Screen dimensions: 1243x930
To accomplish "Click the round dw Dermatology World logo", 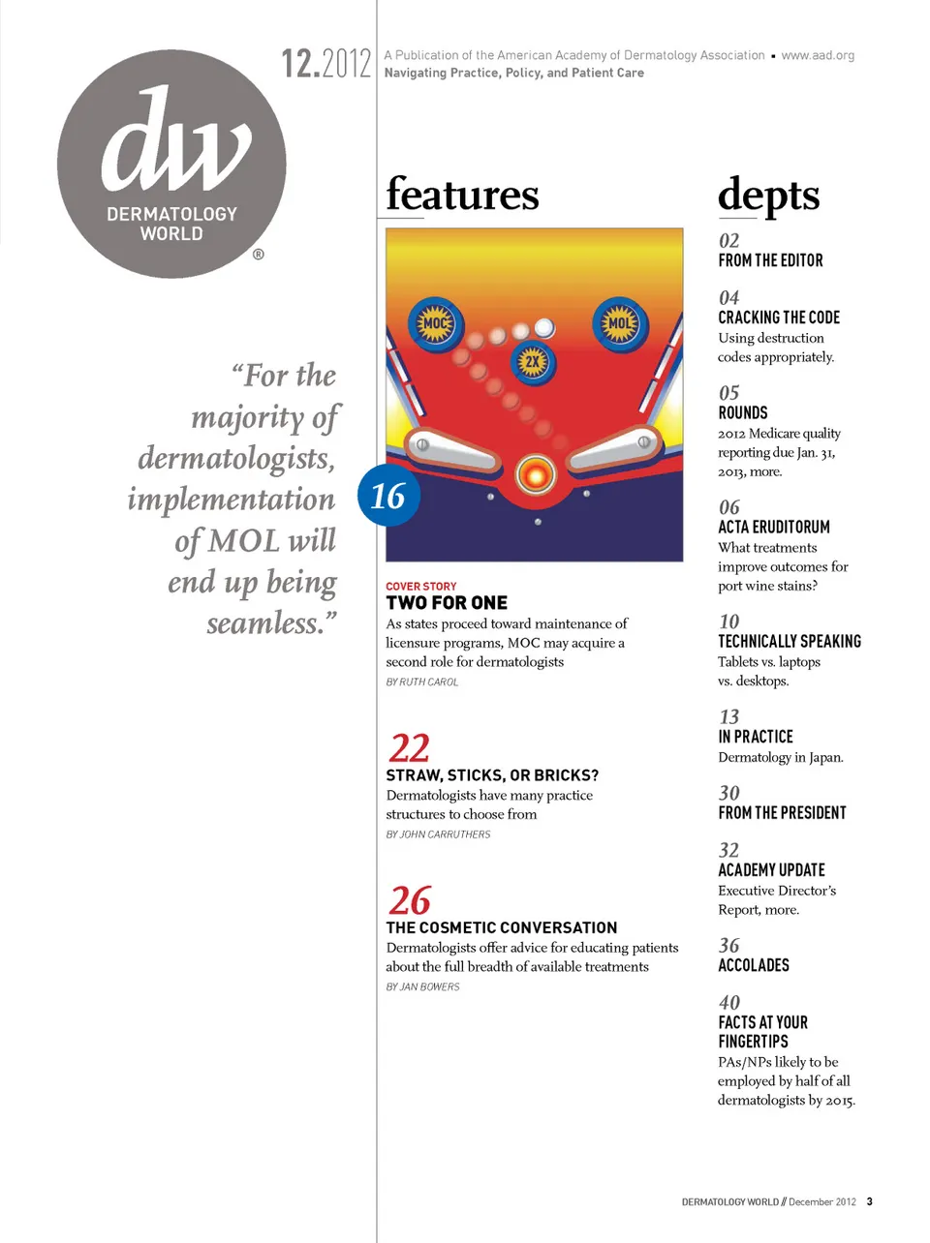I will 171,165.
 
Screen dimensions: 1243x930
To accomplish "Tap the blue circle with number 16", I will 388,496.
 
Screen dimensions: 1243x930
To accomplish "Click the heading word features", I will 462,194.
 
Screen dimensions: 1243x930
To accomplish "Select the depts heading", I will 768,196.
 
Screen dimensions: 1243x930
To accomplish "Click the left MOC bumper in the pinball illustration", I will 436,323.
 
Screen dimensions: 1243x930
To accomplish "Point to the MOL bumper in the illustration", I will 620,323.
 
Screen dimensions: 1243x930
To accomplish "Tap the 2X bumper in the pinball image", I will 532,363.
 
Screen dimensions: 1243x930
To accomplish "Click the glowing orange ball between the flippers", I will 535,474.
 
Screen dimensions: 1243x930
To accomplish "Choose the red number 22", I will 409,747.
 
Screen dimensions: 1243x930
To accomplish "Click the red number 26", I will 410,900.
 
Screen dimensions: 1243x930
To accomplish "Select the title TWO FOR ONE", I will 447,602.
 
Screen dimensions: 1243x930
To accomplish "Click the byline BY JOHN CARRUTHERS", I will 438,834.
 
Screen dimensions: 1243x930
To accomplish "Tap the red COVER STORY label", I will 421,586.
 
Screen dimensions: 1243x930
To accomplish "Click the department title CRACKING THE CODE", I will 779,318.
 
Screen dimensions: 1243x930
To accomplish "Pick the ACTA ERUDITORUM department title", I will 774,528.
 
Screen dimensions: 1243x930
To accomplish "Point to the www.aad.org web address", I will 818,55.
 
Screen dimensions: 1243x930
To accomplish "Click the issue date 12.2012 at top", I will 326,64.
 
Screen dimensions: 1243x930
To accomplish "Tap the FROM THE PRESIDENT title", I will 782,813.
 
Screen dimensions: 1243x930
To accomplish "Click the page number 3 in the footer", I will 869,1201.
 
